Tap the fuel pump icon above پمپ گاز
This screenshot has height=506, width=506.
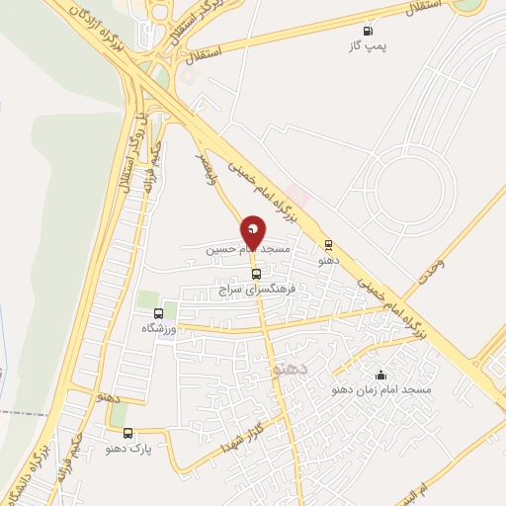point(369,32)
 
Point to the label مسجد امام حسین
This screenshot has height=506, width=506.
point(247,251)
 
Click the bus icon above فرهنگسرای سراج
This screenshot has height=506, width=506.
point(257,274)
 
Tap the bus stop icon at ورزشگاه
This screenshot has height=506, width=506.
point(157,312)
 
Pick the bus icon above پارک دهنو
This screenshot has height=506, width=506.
point(127,433)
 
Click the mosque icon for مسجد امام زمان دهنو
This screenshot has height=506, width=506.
point(380,375)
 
